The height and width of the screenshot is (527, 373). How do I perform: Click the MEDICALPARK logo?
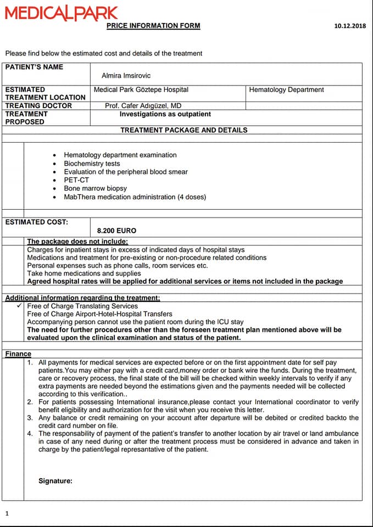62,13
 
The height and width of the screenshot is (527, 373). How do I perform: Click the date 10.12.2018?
350,26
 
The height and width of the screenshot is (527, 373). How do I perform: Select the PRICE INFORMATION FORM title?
153,26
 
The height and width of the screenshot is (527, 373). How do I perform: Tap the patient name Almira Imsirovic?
126,76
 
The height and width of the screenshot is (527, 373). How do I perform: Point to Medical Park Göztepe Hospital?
141,89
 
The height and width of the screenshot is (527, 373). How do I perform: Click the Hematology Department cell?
286,89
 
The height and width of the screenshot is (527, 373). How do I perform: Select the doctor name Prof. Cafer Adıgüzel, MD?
143,105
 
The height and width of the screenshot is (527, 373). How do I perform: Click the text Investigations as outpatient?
165,114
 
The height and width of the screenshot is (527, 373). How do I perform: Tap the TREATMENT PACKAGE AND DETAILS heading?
183,130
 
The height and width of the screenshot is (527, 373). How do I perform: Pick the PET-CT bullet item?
76,180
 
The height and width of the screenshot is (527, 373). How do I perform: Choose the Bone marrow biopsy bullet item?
95,188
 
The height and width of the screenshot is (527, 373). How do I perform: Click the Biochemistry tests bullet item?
92,164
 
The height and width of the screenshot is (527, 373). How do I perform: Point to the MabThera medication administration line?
135,197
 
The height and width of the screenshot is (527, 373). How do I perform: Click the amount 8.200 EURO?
116,231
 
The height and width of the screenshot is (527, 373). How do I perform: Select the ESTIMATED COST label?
37,222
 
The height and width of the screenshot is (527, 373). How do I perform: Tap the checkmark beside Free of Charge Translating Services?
20,306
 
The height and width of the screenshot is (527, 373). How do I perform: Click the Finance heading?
18,354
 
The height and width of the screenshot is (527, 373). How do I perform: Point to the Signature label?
55,481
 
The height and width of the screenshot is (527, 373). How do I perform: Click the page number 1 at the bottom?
7,513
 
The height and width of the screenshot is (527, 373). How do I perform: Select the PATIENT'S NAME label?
34,67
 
